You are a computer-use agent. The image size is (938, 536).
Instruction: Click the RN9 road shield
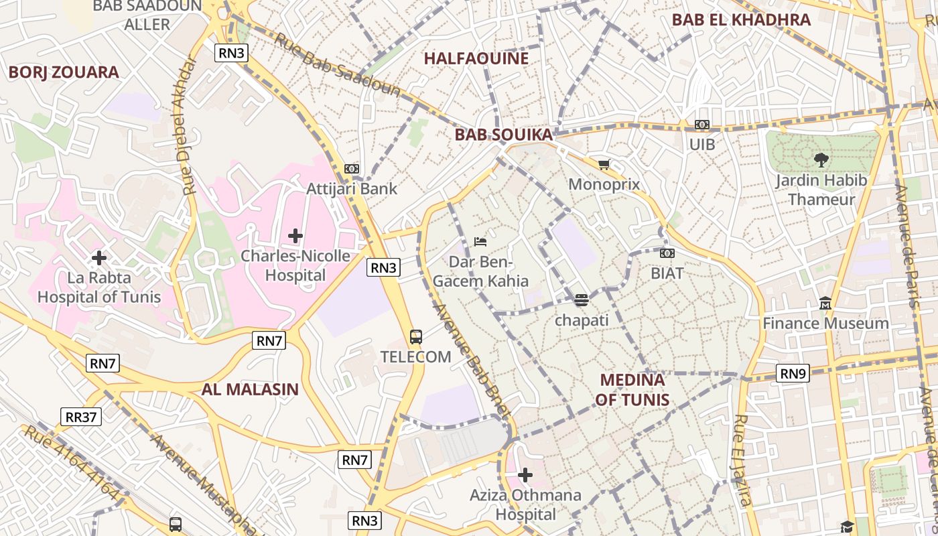click(x=793, y=373)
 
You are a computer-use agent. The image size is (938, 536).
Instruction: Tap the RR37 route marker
click(x=81, y=417)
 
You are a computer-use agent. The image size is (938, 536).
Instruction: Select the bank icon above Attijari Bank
click(x=352, y=169)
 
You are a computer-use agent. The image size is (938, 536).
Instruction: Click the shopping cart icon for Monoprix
click(x=604, y=164)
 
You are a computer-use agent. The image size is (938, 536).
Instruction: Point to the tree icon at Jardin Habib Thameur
click(x=821, y=159)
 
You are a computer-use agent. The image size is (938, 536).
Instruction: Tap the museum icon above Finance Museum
click(x=825, y=304)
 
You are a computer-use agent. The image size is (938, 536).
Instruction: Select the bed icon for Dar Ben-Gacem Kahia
click(x=480, y=241)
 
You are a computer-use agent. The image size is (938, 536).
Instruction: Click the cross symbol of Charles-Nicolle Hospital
click(x=295, y=236)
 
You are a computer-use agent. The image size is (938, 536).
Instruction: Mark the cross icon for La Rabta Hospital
click(x=99, y=257)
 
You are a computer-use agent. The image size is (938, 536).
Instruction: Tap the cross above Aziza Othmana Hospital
click(x=525, y=475)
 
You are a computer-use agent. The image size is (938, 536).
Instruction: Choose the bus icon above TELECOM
click(x=415, y=336)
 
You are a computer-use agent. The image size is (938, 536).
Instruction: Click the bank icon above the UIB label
click(x=701, y=125)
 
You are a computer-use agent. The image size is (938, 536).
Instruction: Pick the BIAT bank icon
click(x=667, y=253)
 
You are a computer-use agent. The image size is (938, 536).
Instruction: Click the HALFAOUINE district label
click(x=476, y=58)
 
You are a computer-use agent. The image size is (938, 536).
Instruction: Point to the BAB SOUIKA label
click(x=504, y=135)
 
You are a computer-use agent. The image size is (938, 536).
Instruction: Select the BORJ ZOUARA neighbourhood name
click(x=64, y=72)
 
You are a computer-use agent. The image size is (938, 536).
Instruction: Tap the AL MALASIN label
click(x=250, y=389)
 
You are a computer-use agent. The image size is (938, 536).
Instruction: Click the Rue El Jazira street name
click(x=742, y=460)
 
